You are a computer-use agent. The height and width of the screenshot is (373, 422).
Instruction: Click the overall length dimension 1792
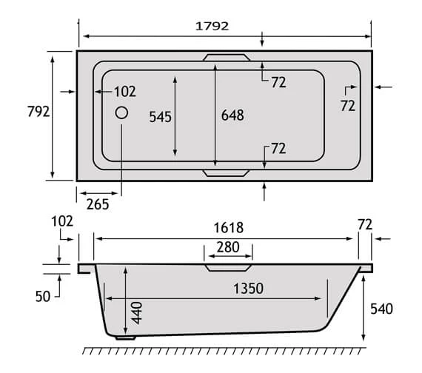click(212, 26)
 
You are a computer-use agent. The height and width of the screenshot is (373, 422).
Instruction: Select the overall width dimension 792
click(37, 112)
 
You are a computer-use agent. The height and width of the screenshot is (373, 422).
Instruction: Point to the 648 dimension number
click(232, 115)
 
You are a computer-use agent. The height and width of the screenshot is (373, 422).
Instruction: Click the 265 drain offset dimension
click(96, 204)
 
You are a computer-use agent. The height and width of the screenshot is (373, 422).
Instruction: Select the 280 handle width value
click(228, 247)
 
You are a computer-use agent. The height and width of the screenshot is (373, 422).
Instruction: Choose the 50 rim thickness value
click(42, 297)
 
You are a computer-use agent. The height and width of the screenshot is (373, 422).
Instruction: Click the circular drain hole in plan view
click(121, 114)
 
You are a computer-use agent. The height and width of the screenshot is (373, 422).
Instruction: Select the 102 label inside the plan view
click(125, 92)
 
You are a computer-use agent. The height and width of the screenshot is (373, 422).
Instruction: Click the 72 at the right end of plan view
click(348, 107)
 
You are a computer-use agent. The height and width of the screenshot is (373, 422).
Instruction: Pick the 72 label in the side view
click(364, 223)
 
